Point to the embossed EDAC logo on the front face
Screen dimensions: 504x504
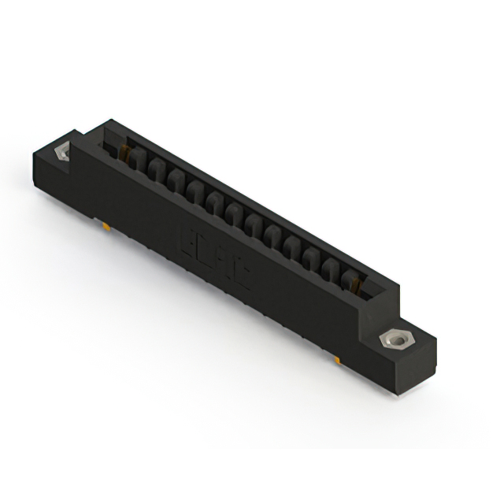215,257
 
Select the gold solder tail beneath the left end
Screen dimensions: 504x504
106,227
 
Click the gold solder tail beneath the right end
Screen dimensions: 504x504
336,359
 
